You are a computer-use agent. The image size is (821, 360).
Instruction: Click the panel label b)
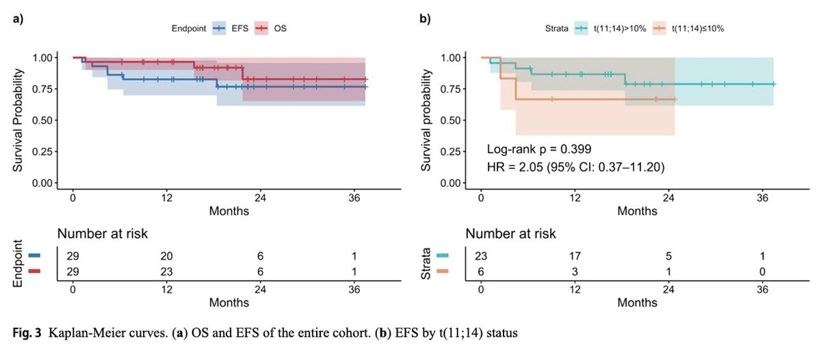[x=426, y=18]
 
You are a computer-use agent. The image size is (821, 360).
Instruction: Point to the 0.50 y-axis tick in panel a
[x=42, y=120]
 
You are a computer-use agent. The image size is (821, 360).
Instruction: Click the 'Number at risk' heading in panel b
[x=511, y=233]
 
